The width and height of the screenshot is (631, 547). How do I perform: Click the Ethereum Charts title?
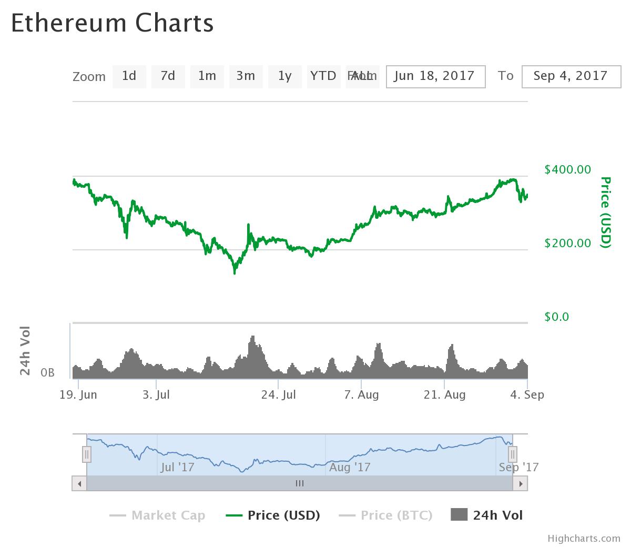[x=113, y=24]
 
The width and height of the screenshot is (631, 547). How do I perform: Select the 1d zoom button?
[x=129, y=76]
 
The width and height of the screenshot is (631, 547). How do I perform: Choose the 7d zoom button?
[x=168, y=76]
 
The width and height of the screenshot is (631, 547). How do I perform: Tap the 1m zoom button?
[x=207, y=76]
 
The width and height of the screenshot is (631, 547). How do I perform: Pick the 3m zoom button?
[x=246, y=76]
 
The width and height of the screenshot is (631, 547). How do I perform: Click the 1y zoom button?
[x=284, y=76]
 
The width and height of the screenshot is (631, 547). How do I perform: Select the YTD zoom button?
[x=323, y=76]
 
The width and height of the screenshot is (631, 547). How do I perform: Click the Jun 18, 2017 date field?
[x=435, y=76]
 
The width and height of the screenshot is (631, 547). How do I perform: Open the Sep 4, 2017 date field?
[x=571, y=76]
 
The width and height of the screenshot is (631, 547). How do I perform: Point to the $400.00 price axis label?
[x=568, y=170]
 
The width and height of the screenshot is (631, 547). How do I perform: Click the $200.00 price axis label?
[x=568, y=244]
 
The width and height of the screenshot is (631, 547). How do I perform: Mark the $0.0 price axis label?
[x=557, y=317]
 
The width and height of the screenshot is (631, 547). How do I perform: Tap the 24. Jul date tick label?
[x=279, y=395]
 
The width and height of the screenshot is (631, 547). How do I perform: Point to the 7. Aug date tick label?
[x=361, y=395]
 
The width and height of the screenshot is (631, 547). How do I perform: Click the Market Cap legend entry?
[x=158, y=515]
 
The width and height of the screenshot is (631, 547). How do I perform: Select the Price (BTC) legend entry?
[x=386, y=515]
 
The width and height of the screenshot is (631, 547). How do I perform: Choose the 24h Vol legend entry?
[x=487, y=515]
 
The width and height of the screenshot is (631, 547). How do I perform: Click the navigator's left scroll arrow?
[x=79, y=483]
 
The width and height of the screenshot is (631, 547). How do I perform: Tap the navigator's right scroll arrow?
[x=521, y=483]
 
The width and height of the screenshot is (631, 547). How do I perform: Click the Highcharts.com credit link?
[x=584, y=539]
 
